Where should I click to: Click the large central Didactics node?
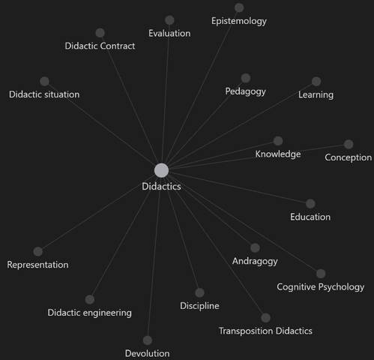(x=161, y=170)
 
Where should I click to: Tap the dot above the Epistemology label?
(x=239, y=7)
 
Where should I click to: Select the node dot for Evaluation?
(x=169, y=20)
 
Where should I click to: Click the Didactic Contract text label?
(x=100, y=46)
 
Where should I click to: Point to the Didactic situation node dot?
(x=44, y=81)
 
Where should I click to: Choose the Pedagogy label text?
(x=245, y=91)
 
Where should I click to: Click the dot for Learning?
(x=316, y=81)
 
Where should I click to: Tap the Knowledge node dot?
(x=278, y=141)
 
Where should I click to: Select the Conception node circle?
(x=349, y=144)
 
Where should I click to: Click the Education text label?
(x=310, y=217)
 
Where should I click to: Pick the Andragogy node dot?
(x=255, y=247)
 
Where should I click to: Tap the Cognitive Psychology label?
(x=321, y=287)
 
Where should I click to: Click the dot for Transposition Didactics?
(x=265, y=318)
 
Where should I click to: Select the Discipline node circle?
(x=199, y=292)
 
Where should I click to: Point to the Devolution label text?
(x=148, y=353)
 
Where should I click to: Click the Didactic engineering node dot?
(x=90, y=299)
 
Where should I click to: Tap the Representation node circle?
(x=38, y=251)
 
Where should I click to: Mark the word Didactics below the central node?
(x=161, y=187)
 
